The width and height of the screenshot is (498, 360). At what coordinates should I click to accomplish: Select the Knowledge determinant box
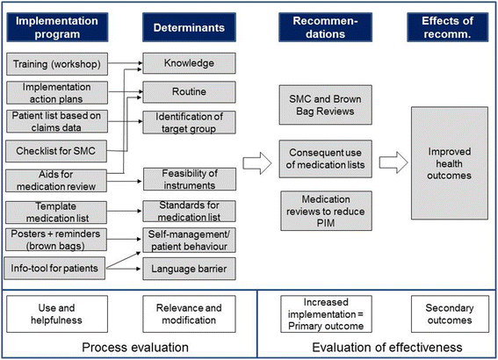(188, 63)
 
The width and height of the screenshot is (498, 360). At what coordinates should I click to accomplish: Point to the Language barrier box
(188, 263)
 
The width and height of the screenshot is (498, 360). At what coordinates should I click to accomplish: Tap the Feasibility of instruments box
(188, 180)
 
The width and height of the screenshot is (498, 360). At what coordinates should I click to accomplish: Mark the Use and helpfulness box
(56, 312)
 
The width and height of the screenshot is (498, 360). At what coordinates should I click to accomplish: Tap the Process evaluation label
(126, 346)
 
